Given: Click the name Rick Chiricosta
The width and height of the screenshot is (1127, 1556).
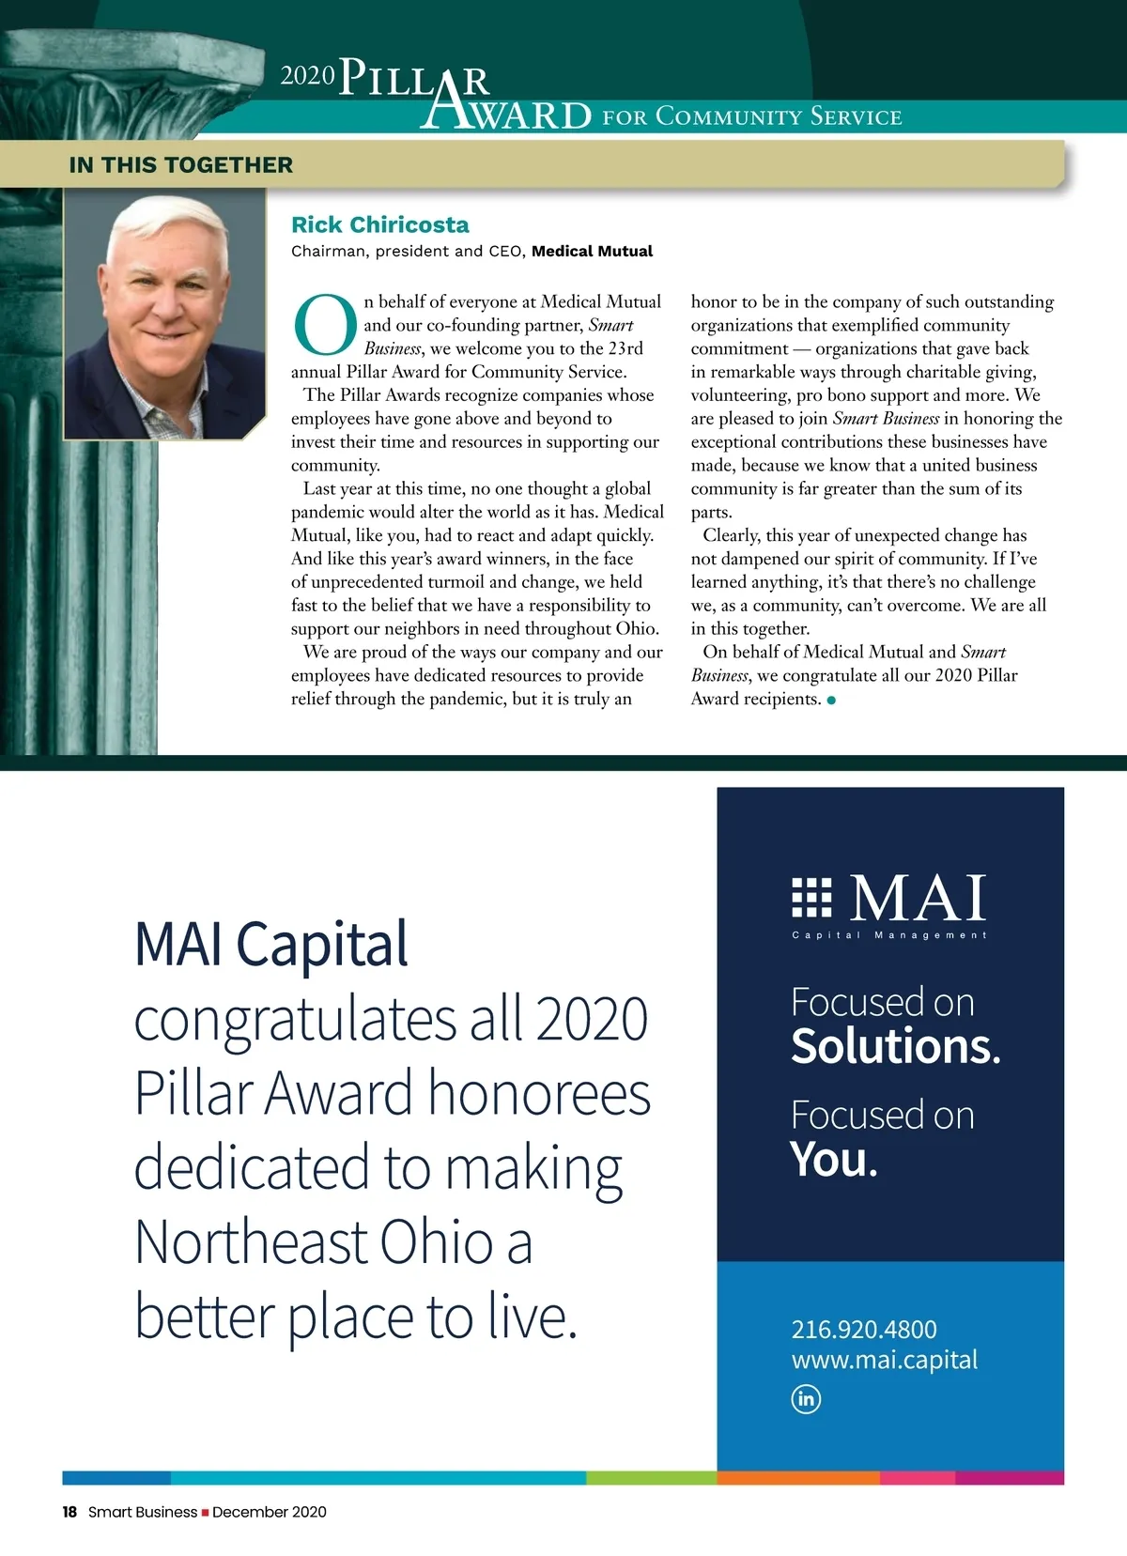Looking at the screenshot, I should click(379, 224).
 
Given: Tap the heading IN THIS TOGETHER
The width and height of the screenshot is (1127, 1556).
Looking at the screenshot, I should click(181, 165).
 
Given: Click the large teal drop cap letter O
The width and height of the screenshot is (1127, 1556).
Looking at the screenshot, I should click(325, 326).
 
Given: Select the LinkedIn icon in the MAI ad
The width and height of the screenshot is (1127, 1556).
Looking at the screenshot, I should click(806, 1398).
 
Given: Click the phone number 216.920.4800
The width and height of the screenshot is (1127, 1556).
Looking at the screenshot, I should click(864, 1329).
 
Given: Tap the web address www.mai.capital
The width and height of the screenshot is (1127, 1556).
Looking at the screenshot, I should click(885, 1359).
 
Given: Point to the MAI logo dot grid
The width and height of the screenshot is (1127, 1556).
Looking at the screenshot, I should click(812, 897).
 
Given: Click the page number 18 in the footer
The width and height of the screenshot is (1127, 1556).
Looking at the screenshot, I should click(69, 1512).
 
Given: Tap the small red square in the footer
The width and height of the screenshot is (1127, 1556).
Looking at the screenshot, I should click(205, 1513).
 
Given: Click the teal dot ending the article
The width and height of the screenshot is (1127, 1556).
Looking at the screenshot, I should click(831, 700).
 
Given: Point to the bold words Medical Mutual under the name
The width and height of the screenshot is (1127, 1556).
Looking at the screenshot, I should click(592, 251).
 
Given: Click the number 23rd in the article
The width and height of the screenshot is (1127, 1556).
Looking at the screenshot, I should click(625, 348).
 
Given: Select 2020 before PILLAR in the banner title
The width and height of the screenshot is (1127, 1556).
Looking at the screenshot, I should click(307, 76).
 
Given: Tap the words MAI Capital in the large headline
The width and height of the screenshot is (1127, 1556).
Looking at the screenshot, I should click(271, 944).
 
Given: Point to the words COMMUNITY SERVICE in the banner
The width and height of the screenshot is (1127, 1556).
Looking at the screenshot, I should click(779, 116).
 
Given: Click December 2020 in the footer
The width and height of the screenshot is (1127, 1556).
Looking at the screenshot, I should click(270, 1512).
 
